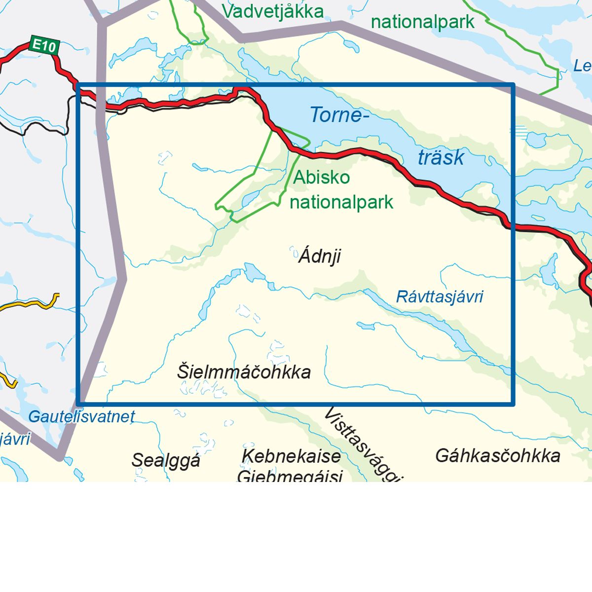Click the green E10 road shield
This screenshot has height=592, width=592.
pos(44,46)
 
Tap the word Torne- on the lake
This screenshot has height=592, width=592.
pos(339,115)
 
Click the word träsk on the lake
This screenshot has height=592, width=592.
pos(441,157)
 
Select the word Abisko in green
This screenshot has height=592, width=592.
pos(322,178)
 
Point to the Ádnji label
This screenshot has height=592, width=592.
pos(320,257)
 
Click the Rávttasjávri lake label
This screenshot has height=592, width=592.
pos(440,296)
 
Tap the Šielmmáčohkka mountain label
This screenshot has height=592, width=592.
pos(244,372)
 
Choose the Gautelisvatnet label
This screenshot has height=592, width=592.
pos(81,417)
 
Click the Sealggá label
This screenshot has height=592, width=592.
pos(166,460)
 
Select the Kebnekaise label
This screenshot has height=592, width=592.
pos(291,456)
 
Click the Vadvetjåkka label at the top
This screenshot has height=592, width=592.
pos(273,11)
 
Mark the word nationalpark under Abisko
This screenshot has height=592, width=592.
pos(341,202)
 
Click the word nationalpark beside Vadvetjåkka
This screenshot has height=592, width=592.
pos(422,22)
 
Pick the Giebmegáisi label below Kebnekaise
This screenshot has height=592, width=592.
pos(290,476)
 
